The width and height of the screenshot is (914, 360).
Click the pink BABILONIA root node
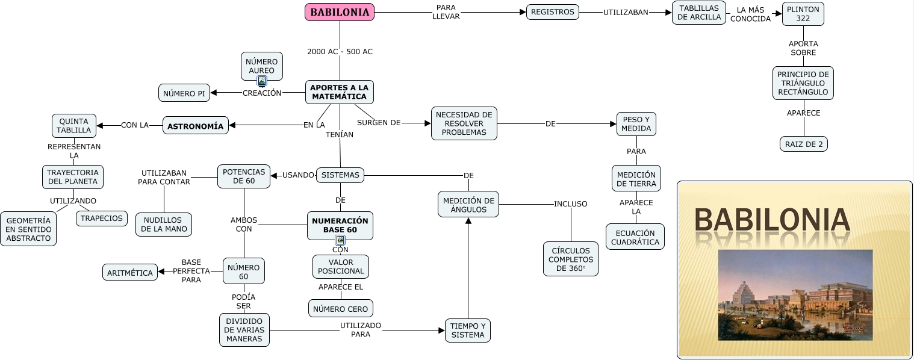pyautogui.click(x=340, y=12)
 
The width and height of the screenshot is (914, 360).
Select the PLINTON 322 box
pyautogui.click(x=803, y=13)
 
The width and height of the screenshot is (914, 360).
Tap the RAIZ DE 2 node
pyautogui.click(x=803, y=144)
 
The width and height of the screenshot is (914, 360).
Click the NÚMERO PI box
pyautogui.click(x=184, y=93)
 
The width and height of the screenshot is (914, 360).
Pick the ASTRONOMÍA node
pyautogui.click(x=196, y=126)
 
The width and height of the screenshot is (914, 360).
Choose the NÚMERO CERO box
pyautogui.click(x=340, y=309)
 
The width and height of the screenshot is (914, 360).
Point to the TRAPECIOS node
pyautogui.click(x=102, y=219)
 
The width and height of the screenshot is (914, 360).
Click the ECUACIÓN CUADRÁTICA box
pyautogui.click(x=635, y=237)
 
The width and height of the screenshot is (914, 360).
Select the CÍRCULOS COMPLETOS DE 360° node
pyautogui.click(x=570, y=259)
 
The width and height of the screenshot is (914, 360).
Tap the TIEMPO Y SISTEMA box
pyautogui.click(x=468, y=331)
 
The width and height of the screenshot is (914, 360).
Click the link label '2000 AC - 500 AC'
pyautogui.click(x=340, y=52)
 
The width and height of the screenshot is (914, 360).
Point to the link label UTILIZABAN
pyautogui.click(x=626, y=12)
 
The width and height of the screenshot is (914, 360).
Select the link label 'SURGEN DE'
pyautogui.click(x=379, y=123)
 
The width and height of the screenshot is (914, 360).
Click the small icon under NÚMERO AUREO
pyautogui.click(x=262, y=81)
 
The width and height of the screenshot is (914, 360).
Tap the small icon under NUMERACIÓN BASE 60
pyautogui.click(x=340, y=240)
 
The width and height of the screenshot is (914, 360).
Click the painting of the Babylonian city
pyautogui.click(x=795, y=295)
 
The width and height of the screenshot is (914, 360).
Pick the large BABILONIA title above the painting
pyautogui.click(x=772, y=220)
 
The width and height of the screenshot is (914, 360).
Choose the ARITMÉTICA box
pyautogui.click(x=130, y=273)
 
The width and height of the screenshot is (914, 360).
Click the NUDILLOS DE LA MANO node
pyautogui.click(x=163, y=225)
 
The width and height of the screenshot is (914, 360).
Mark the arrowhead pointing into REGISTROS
pyautogui.click(x=523, y=12)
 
